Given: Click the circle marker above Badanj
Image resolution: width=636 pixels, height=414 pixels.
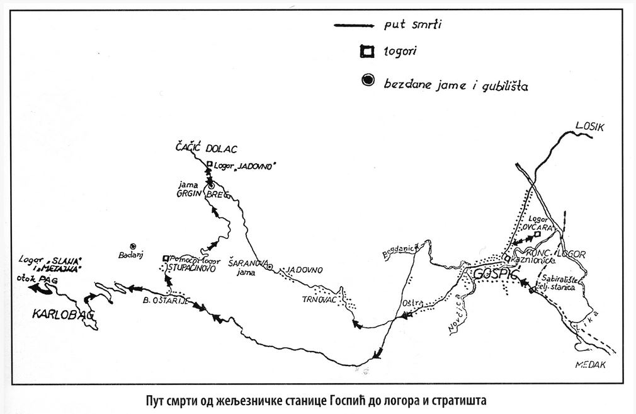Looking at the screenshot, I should [133, 246].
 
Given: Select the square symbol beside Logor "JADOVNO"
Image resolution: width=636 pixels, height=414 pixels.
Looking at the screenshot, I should [210, 164].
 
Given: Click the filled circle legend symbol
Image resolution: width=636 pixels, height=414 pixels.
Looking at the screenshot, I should [366, 79].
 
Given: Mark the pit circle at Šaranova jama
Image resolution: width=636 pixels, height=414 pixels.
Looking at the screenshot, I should [270, 267].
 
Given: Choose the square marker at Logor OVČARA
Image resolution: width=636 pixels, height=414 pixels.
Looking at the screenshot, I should [537, 235].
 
